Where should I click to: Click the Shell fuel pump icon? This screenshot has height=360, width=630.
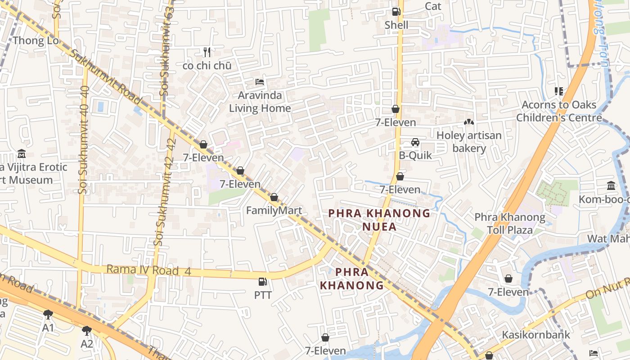(396, 12)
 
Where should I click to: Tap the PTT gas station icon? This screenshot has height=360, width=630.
(262, 282)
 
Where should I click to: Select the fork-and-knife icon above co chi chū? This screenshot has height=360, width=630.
(207, 52)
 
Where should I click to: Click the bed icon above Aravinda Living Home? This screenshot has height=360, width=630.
(260, 82)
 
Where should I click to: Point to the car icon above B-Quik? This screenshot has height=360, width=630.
(415, 142)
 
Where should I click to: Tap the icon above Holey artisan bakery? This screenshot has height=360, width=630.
(468, 122)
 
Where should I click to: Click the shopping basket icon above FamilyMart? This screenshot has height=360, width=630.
(274, 197)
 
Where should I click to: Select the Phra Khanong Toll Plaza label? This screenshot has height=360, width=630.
(509, 224)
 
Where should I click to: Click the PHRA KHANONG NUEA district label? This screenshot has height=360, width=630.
(379, 220)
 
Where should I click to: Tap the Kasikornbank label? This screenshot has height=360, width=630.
(536, 335)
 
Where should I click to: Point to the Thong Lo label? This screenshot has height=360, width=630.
(36, 40)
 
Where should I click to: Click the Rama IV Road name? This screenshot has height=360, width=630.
(143, 270)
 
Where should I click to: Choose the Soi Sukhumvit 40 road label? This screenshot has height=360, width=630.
(83, 139)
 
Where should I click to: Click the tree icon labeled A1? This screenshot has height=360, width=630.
(48, 315)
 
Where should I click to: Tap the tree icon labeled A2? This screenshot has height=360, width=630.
(87, 331)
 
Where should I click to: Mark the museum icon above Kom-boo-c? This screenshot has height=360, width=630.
(611, 185)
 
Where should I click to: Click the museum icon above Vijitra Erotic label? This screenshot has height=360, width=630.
(21, 154)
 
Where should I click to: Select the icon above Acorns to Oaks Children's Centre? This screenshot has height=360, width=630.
(559, 91)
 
